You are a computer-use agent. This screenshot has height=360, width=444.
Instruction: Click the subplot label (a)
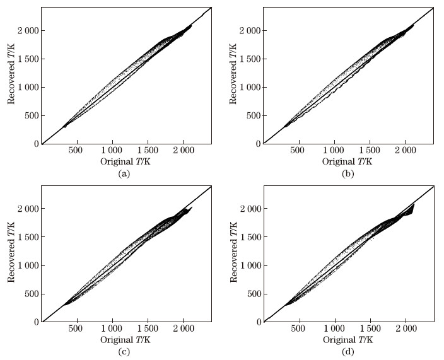point(124,173)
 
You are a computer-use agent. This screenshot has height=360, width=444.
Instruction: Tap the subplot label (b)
point(347,173)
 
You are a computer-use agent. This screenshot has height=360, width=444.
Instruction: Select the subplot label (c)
point(124,351)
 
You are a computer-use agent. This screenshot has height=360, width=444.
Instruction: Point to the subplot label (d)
point(347,351)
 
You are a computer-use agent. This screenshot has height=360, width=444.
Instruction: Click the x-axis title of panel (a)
point(125,161)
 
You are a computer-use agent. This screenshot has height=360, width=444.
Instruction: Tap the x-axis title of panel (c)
point(125,340)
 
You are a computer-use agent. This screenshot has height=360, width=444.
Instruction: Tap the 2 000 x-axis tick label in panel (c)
point(183,328)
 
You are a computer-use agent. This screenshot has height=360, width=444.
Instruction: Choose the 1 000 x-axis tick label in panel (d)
point(334,328)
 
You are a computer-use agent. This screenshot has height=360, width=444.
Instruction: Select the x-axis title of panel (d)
point(348,340)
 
